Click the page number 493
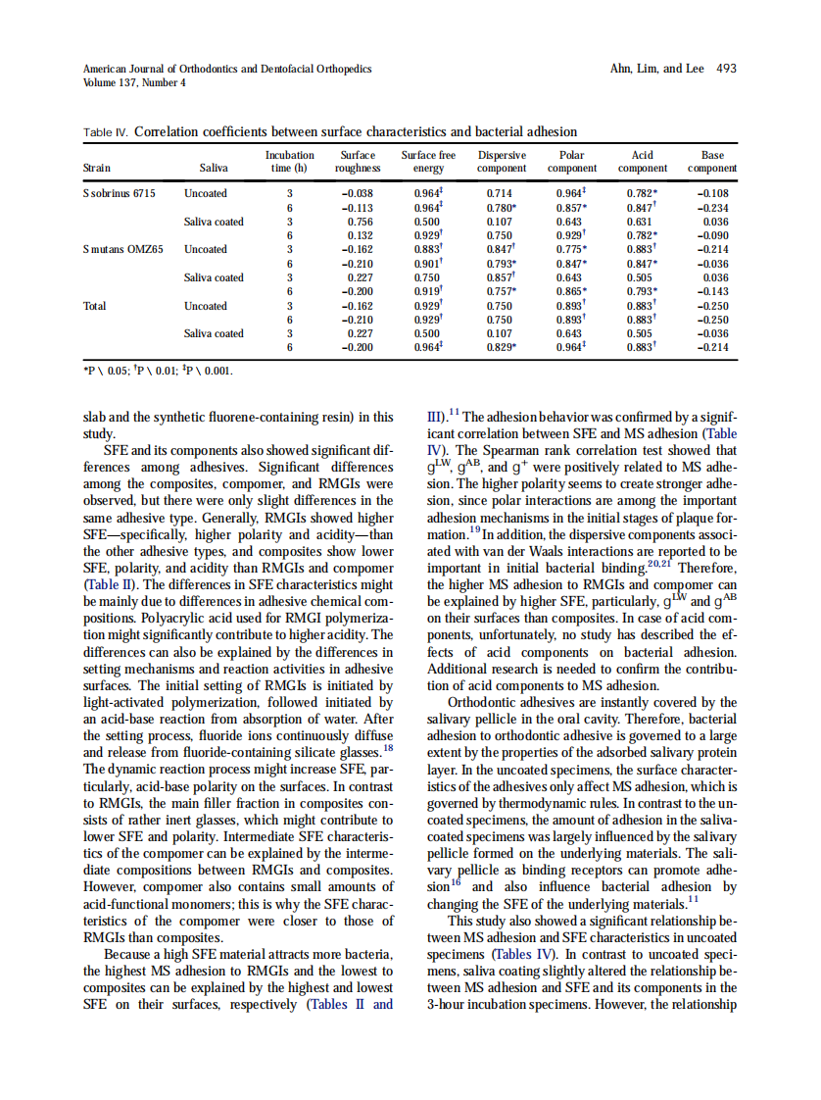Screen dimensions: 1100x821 point(726,69)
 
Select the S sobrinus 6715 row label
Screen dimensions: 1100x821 point(119,193)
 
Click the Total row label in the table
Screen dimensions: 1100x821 point(95,306)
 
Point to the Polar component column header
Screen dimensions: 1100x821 point(570,162)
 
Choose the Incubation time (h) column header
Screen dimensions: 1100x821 point(290,162)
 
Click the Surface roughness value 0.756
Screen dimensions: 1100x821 point(360,222)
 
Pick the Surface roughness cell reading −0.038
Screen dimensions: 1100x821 point(358,193)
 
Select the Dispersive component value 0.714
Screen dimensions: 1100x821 point(500,193)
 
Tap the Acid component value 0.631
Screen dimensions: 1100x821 point(639,222)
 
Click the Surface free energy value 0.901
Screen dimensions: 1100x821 point(429,264)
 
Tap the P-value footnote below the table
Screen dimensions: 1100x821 point(160,371)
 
